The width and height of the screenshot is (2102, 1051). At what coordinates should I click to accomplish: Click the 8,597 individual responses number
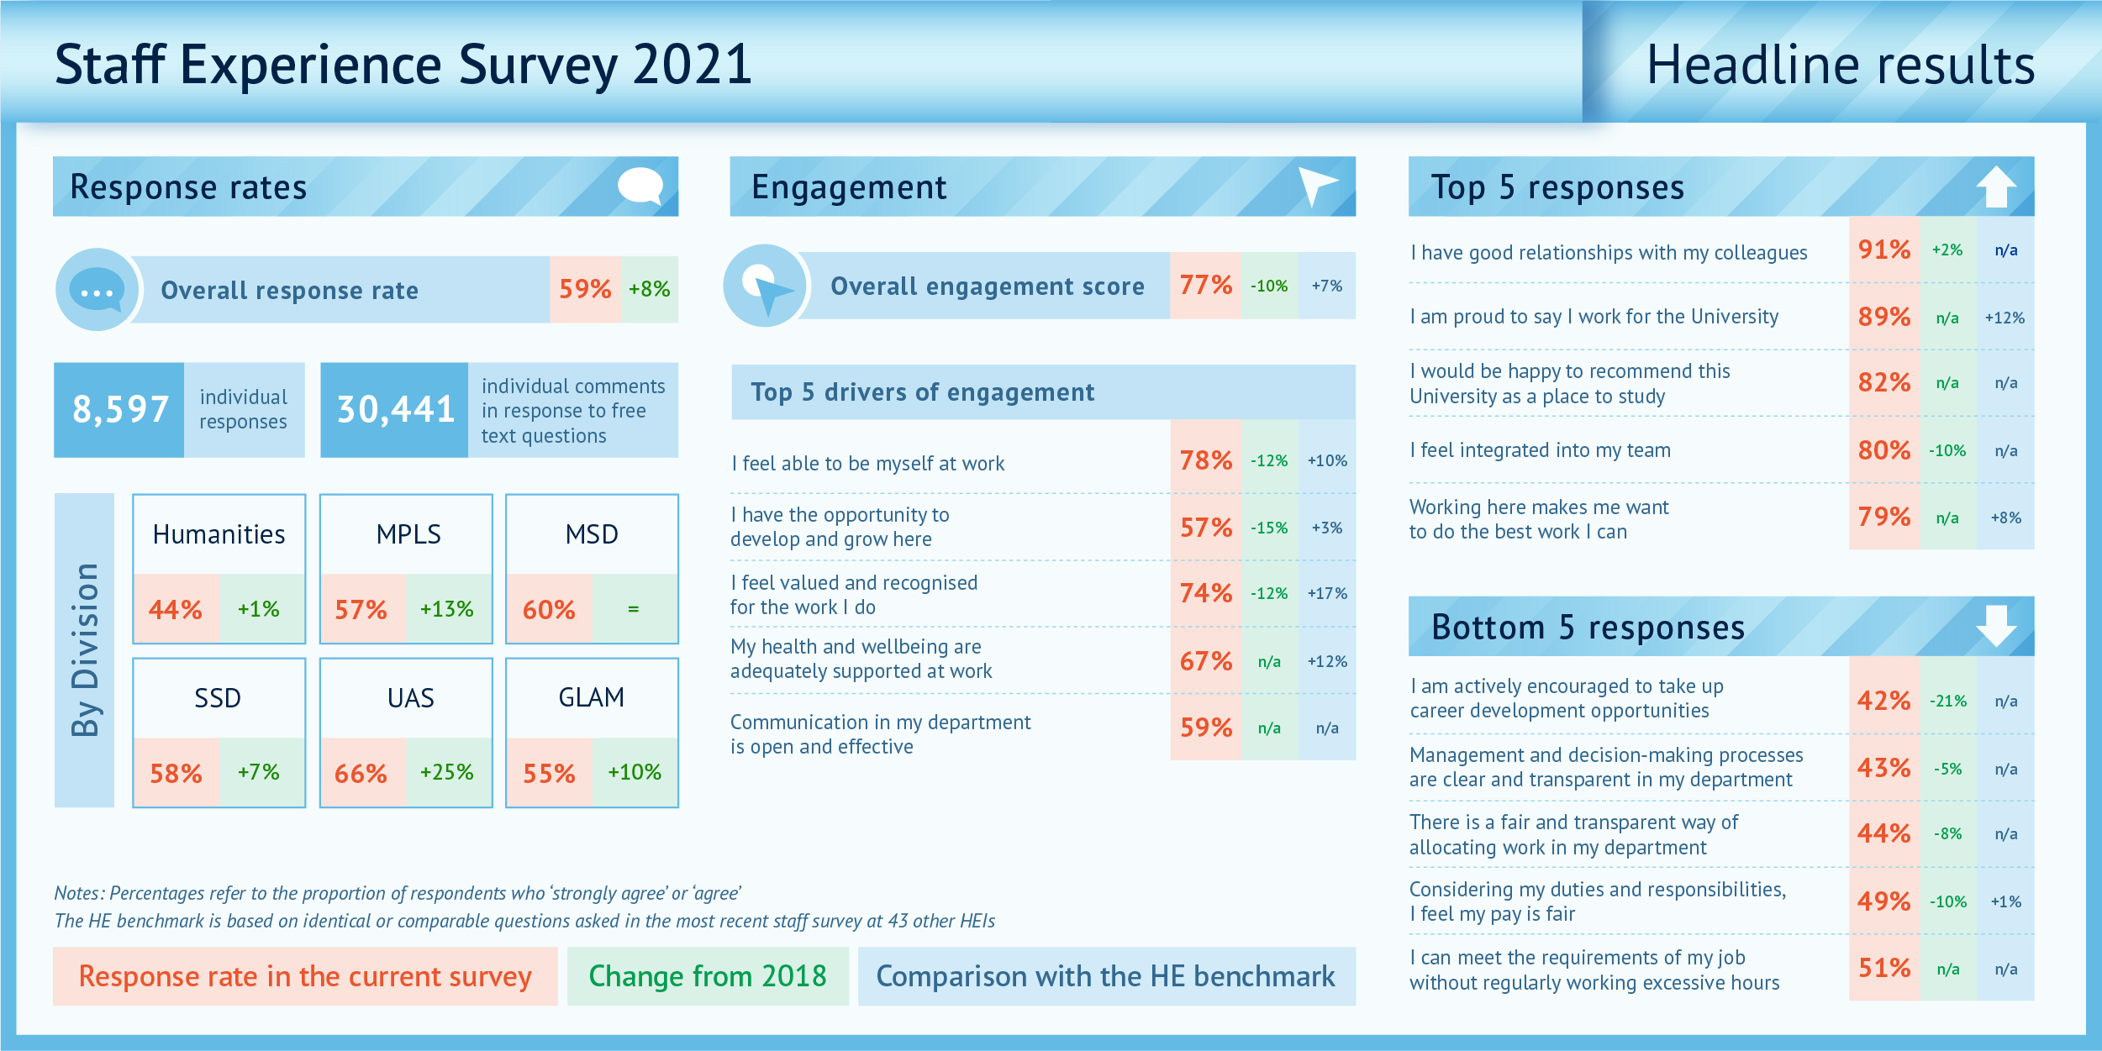click(120, 410)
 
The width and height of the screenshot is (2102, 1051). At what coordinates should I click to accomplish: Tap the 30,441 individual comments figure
click(395, 410)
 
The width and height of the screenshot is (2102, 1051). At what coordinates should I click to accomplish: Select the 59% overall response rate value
click(585, 289)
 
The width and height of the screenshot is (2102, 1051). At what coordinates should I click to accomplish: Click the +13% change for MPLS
click(446, 609)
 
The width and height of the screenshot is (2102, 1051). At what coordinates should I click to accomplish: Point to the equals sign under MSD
click(634, 609)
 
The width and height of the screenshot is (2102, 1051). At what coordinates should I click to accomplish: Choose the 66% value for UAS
click(361, 773)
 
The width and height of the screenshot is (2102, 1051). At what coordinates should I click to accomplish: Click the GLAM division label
click(591, 697)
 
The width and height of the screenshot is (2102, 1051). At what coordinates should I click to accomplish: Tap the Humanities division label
click(219, 534)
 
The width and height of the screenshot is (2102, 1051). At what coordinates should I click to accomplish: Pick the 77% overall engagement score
click(1205, 286)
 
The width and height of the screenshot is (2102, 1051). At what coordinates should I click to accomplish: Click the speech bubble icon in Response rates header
click(640, 187)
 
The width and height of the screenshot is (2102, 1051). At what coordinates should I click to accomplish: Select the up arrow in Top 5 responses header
click(1996, 187)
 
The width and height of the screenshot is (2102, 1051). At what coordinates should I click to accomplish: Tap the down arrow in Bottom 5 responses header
click(1996, 626)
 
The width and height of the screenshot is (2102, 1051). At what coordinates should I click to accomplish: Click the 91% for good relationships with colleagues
click(1883, 250)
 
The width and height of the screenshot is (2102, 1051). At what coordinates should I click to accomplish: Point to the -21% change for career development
click(1947, 701)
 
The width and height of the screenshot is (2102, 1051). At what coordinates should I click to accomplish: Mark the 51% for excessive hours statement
click(1883, 969)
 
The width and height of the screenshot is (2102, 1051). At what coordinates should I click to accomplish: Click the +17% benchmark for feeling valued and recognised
click(1326, 593)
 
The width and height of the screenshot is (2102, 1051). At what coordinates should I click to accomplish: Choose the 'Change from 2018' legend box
click(708, 976)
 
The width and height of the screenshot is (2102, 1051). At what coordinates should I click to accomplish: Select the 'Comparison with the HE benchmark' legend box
click(1105, 976)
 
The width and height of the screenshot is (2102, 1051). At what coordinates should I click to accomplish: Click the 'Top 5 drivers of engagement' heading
click(922, 392)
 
